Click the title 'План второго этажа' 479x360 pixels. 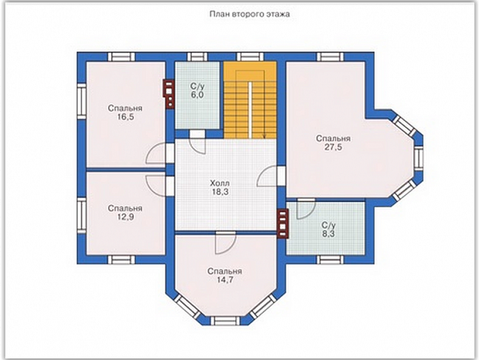tap(249, 14)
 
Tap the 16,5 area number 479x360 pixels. tap(125, 117)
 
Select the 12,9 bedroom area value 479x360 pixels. tap(125, 217)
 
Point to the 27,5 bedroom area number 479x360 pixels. tap(333, 147)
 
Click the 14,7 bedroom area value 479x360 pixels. tap(225, 280)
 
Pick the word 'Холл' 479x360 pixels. tap(220, 184)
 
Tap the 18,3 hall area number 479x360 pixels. tap(221, 192)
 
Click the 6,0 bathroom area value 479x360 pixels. tap(197, 95)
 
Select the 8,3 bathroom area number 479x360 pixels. tap(329, 234)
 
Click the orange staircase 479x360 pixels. tap(250, 100)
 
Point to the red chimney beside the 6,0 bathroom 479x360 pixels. tap(169, 94)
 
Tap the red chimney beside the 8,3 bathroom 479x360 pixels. tap(283, 223)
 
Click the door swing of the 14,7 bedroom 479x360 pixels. tap(225, 243)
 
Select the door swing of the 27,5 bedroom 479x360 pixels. tap(267, 176)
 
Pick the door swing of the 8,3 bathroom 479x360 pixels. tap(305, 209)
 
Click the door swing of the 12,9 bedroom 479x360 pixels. tap(156, 186)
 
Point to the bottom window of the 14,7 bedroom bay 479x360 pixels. tap(225, 321)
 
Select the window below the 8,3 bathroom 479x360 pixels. tap(330, 259)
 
